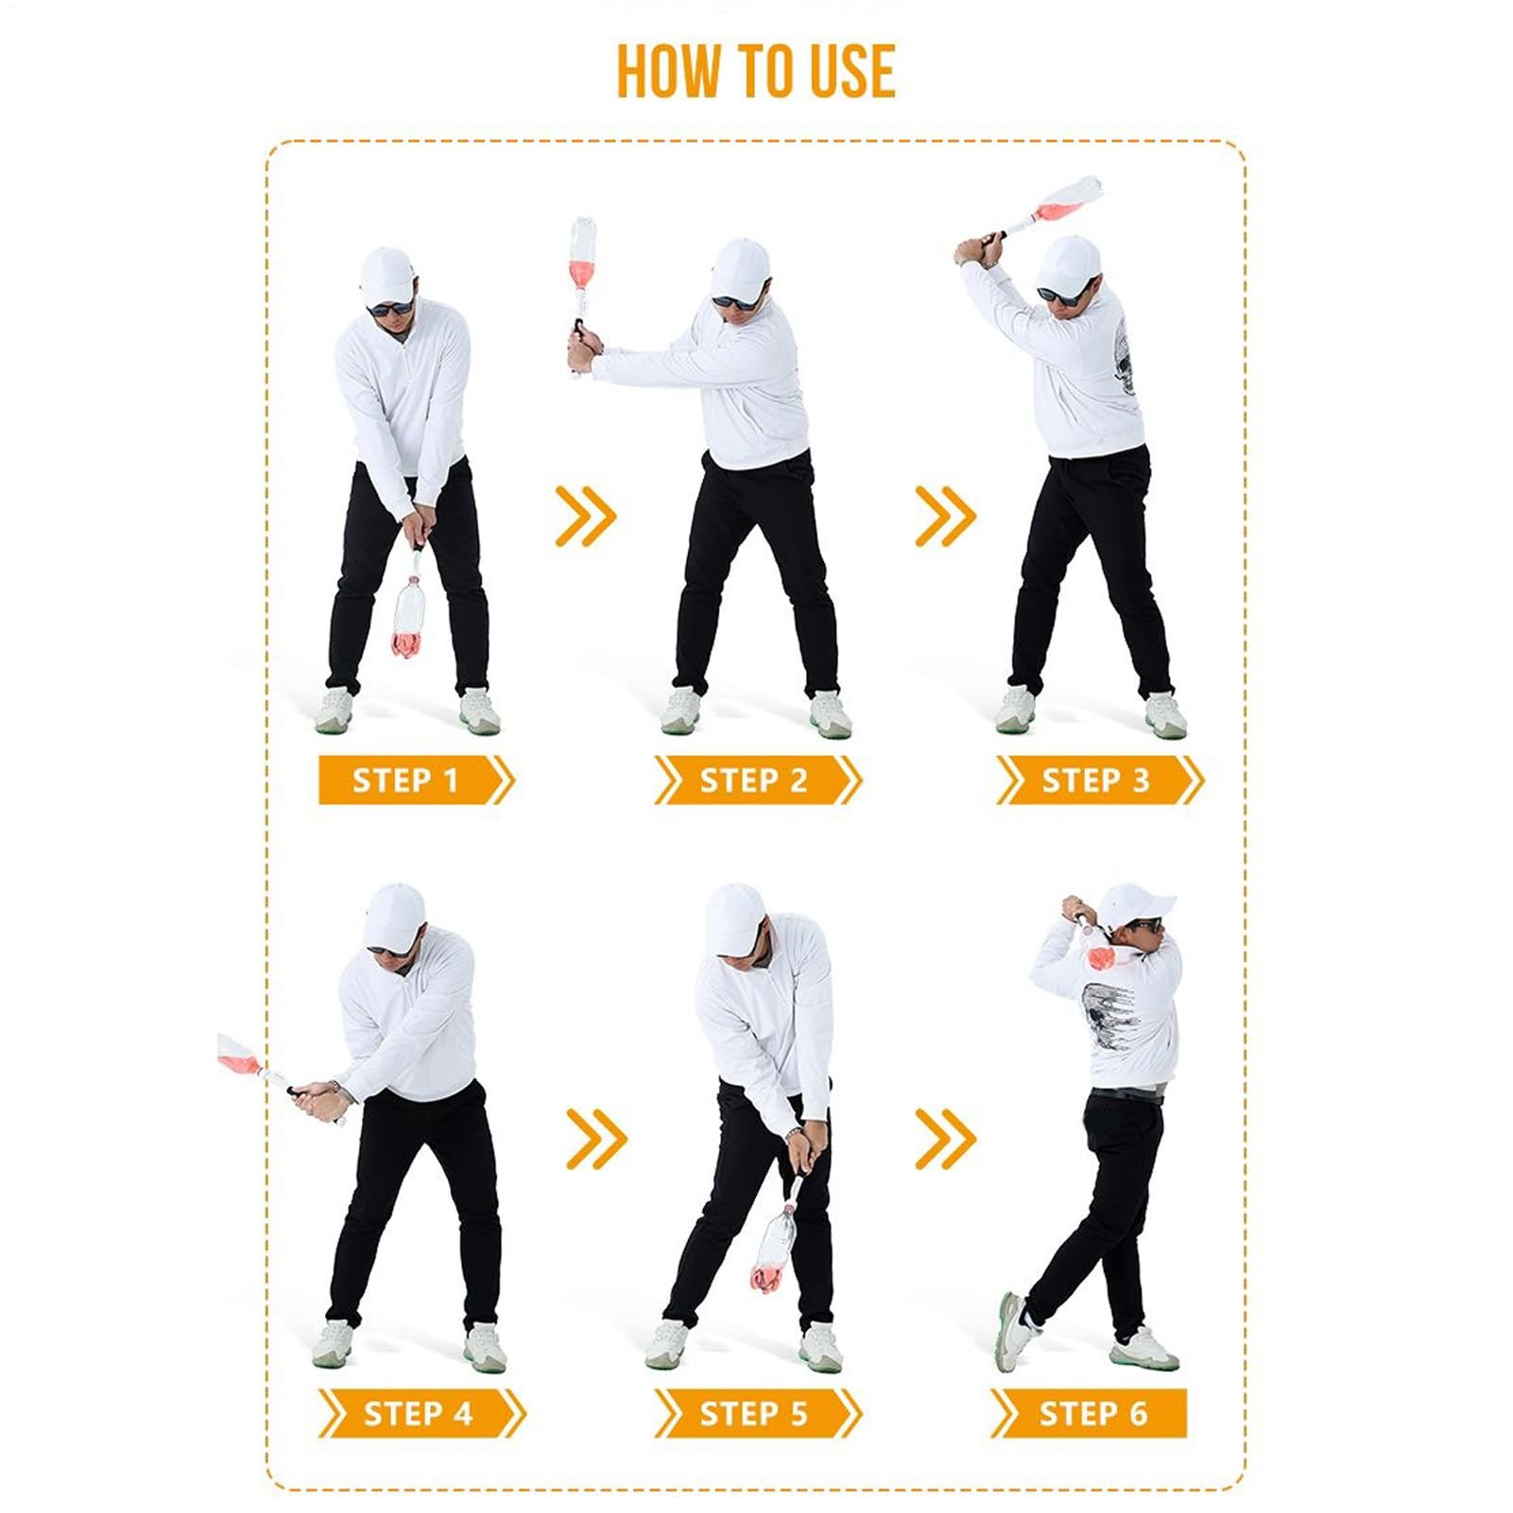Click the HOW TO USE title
[756, 72]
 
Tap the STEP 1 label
[405, 781]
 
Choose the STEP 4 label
[418, 1414]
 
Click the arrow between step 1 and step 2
[586, 516]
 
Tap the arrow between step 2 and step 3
[945, 516]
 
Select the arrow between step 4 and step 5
[596, 1139]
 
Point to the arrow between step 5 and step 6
[945, 1139]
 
